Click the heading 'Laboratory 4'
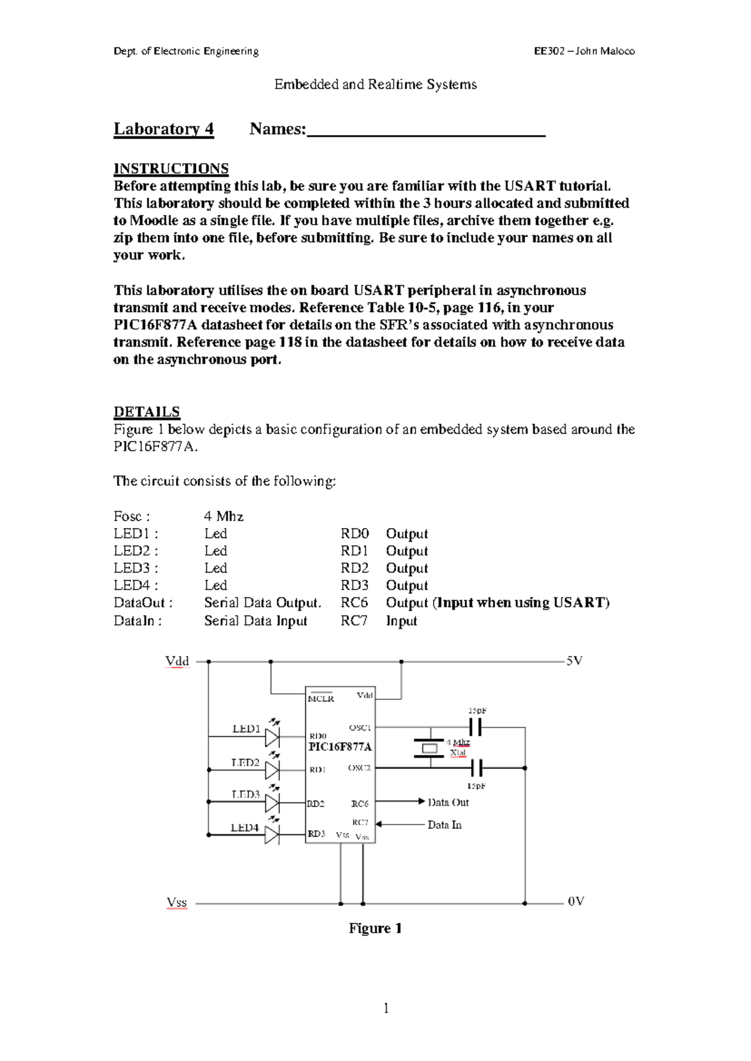(x=163, y=129)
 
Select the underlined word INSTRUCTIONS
(x=171, y=169)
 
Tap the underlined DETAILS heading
(x=146, y=412)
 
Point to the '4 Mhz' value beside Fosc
(x=223, y=516)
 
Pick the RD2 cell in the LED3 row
(x=354, y=568)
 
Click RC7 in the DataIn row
(x=354, y=621)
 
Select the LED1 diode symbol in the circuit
(x=272, y=737)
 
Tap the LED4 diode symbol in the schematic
(x=272, y=834)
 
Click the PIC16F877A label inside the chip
(x=340, y=747)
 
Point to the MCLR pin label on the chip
(x=320, y=698)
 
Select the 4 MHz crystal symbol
(x=429, y=748)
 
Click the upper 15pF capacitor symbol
(x=476, y=727)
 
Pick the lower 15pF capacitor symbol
(x=476, y=768)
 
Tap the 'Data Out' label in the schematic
(x=448, y=802)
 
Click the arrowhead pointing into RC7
(x=379, y=825)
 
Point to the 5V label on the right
(x=575, y=661)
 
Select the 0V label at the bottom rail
(x=576, y=901)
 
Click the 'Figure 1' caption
(x=375, y=928)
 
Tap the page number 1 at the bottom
(x=386, y=1008)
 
